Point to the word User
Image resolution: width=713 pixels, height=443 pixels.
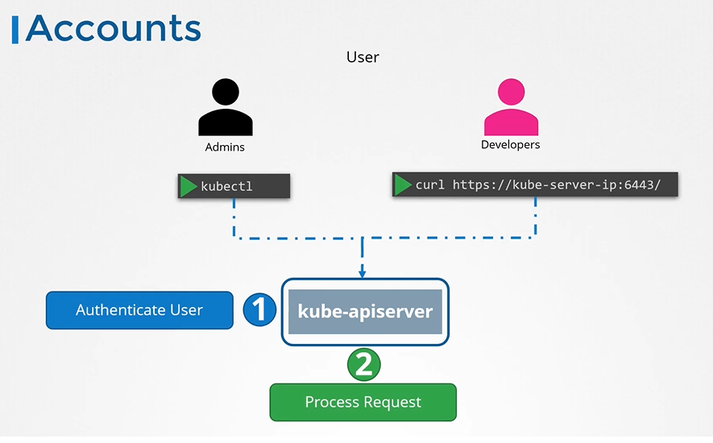pyautogui.click(x=363, y=57)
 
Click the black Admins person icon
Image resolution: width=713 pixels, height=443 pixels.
pyautogui.click(x=225, y=109)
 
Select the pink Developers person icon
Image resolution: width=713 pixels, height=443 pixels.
pyautogui.click(x=511, y=108)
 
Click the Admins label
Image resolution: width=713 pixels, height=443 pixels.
pyautogui.click(x=225, y=147)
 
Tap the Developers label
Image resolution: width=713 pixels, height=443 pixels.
pyautogui.click(x=511, y=145)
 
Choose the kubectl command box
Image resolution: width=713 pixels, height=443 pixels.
pyautogui.click(x=234, y=186)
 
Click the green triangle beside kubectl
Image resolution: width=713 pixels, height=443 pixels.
pyautogui.click(x=189, y=186)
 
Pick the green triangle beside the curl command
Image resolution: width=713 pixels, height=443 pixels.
pyautogui.click(x=403, y=184)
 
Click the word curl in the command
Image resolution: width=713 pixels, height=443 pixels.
pyautogui.click(x=430, y=185)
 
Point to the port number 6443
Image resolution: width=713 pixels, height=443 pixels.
pyautogui.click(x=636, y=185)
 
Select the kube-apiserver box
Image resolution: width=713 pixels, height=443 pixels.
pyautogui.click(x=364, y=312)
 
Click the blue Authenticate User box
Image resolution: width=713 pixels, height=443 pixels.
pyautogui.click(x=139, y=310)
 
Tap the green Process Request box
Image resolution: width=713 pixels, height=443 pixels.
pyautogui.click(x=363, y=402)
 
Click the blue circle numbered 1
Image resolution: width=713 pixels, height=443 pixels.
pyautogui.click(x=260, y=310)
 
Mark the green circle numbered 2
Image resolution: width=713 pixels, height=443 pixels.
pyautogui.click(x=363, y=365)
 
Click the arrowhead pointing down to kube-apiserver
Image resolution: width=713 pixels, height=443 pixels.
pyautogui.click(x=363, y=271)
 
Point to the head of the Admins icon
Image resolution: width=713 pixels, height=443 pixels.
pyautogui.click(x=226, y=93)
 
